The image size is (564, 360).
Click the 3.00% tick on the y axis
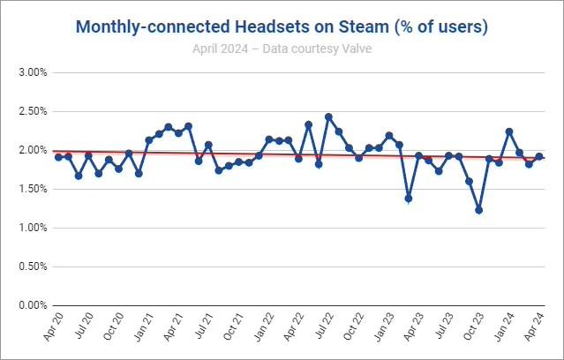[x=32, y=72]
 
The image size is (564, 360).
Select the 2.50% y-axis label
[x=32, y=111]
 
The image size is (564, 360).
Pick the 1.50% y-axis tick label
[x=32, y=189]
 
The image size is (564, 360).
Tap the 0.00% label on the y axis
[x=32, y=305]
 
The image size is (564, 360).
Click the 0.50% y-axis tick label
[x=32, y=266]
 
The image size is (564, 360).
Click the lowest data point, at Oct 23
[x=479, y=210]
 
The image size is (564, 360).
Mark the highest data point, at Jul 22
[x=328, y=116]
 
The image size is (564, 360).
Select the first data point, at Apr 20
[x=58, y=156]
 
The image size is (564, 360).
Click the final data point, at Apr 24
[x=539, y=156]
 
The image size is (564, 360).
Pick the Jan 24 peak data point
[x=509, y=131]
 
